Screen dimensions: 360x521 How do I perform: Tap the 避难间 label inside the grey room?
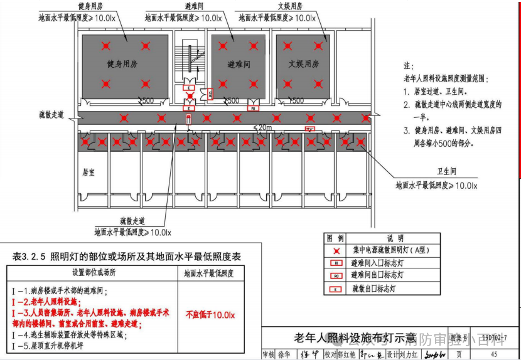click(x=239, y=64)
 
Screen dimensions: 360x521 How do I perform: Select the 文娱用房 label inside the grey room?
click(x=304, y=64)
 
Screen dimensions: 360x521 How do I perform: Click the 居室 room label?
click(x=89, y=171)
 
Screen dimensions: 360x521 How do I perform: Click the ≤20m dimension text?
click(x=263, y=127)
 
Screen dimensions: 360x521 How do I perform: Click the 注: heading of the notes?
click(x=408, y=66)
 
